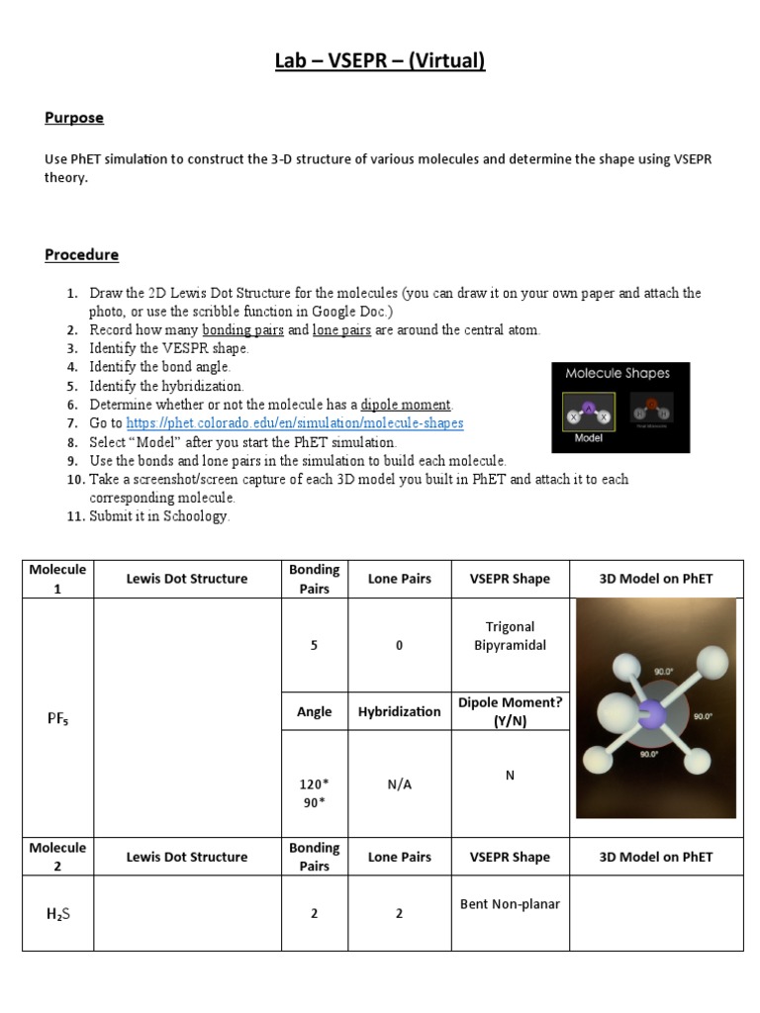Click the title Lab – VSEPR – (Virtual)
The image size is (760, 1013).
(x=380, y=61)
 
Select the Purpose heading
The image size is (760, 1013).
(x=74, y=118)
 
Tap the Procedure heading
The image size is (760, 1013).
(x=81, y=254)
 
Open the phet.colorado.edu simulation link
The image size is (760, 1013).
(x=295, y=423)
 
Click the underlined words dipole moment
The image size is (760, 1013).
(x=406, y=405)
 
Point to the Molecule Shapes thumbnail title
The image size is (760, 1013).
(x=617, y=374)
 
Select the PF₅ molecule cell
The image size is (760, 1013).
(x=57, y=718)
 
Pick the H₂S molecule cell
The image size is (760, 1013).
(x=57, y=913)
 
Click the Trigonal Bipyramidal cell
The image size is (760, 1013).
(x=510, y=636)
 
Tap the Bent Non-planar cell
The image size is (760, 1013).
(x=510, y=903)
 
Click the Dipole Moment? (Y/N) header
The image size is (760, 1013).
(x=510, y=711)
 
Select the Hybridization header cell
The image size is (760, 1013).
(x=400, y=711)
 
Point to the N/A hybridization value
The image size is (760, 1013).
(x=400, y=783)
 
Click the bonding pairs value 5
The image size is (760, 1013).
(x=315, y=645)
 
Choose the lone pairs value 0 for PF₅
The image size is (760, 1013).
(x=400, y=645)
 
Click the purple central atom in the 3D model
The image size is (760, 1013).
(x=651, y=714)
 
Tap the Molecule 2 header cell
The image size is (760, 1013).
(x=57, y=857)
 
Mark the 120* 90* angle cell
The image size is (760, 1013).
(x=315, y=792)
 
